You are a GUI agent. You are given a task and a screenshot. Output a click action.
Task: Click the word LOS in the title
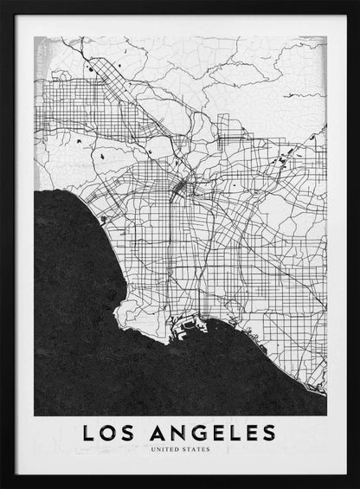tap(110, 431)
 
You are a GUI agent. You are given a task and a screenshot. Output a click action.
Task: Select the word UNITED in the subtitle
tap(165, 450)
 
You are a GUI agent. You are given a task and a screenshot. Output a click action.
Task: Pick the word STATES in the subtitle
tap(195, 450)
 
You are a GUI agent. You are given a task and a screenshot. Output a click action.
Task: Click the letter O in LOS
tap(110, 431)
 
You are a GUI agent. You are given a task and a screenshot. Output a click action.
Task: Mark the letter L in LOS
tap(88, 431)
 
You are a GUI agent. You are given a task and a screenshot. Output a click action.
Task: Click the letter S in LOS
tap(131, 431)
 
